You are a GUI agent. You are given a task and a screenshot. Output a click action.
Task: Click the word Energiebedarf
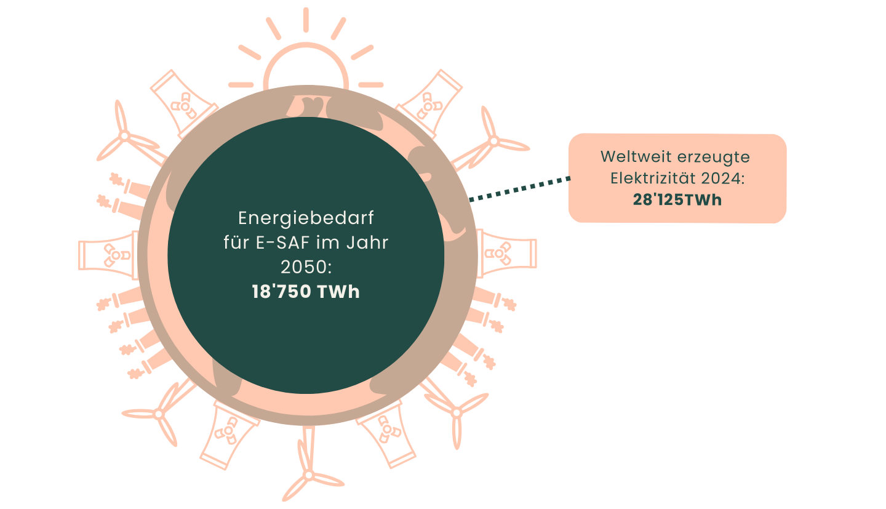pos(306,218)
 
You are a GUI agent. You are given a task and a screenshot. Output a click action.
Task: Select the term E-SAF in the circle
pos(281,242)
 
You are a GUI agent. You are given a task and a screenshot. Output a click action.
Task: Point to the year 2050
pos(301,267)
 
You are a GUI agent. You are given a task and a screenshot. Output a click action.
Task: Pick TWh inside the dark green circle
pos(338,292)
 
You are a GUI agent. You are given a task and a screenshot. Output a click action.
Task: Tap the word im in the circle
pos(324,242)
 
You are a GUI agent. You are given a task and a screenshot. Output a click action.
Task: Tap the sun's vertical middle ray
pos(306,20)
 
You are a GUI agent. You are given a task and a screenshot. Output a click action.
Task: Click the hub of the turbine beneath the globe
pos(308,475)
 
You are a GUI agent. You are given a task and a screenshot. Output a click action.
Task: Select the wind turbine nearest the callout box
pos(492,142)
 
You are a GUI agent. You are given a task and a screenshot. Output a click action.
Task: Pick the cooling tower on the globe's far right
pos(506,252)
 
